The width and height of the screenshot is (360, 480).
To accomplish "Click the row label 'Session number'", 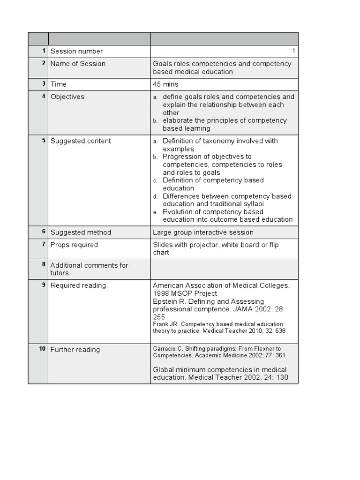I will point(76,51).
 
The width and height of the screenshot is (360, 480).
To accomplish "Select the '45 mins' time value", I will point(165,84).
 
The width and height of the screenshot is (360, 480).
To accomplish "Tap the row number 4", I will point(44,96).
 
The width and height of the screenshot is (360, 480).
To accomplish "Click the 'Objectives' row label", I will point(67,97).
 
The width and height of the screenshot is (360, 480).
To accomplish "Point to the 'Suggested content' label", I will point(81,141).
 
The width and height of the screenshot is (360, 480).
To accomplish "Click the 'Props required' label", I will point(74,245).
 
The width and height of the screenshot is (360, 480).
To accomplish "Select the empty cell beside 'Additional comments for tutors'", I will point(224,269).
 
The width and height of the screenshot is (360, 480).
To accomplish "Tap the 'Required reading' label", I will point(78,285).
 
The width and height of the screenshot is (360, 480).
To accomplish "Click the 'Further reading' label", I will point(75,350).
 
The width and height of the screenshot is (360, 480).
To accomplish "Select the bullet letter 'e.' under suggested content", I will point(155,212).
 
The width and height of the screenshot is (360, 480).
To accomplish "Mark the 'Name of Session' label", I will point(78,64).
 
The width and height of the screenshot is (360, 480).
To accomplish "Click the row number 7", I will point(44,244).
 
